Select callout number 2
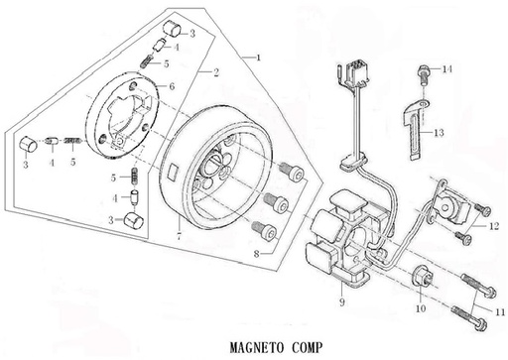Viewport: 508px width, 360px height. coord(215,72)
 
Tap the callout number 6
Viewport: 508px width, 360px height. coord(171,87)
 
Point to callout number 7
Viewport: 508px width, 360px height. coord(179,237)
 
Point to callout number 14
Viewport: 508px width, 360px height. coord(446,69)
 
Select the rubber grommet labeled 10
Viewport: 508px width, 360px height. coord(419,279)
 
